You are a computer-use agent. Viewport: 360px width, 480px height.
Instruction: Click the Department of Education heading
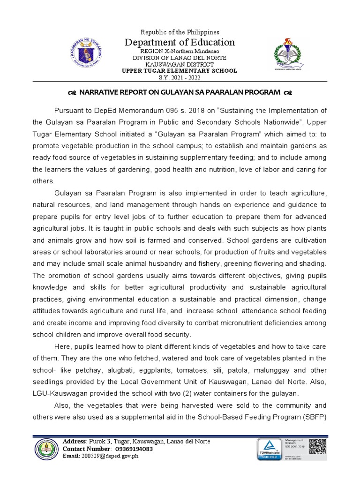tap(180, 43)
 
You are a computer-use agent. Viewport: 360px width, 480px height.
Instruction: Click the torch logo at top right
tap(285, 54)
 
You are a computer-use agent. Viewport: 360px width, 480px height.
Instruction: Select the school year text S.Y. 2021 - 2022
tap(180, 77)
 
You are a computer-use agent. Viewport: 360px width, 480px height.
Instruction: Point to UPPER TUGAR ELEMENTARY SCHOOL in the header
tap(180, 71)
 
